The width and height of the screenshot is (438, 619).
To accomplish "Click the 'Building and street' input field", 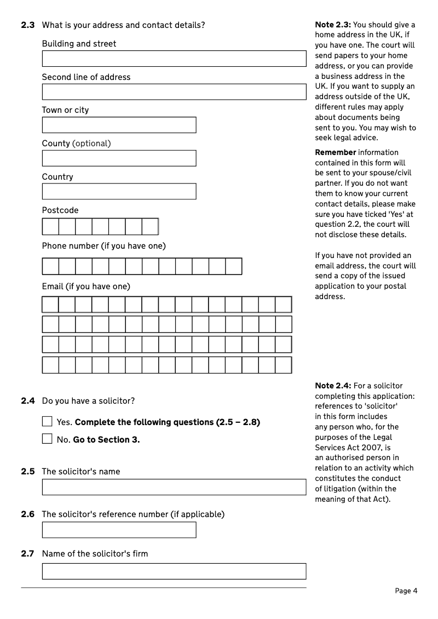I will click(174, 59).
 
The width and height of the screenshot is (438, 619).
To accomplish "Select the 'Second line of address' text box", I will click(174, 92).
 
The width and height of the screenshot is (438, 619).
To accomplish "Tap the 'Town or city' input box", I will click(119, 125).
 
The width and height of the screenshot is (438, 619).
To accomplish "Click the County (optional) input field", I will click(119, 158).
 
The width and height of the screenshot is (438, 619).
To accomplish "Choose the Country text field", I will click(119, 191).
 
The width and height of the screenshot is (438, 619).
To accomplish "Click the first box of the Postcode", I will click(50, 226).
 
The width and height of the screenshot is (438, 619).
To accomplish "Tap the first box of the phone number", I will click(50, 266).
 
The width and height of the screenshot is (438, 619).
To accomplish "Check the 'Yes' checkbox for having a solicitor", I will click(48, 422).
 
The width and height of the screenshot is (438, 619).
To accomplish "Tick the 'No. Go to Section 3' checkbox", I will click(48, 439).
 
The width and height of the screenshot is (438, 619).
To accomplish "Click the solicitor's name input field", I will click(174, 487).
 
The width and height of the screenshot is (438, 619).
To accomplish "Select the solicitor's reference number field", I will click(119, 530).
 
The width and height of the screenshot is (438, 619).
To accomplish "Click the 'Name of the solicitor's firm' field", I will click(174, 571).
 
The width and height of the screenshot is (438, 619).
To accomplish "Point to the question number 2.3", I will click(28, 25).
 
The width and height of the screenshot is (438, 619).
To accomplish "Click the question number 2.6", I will click(28, 514).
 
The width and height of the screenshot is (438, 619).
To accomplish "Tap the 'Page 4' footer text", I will click(406, 591).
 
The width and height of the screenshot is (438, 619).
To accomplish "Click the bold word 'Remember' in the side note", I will click(335, 152).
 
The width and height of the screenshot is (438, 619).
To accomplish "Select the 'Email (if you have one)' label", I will click(86, 286).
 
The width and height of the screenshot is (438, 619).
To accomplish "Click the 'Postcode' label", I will click(60, 210).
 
